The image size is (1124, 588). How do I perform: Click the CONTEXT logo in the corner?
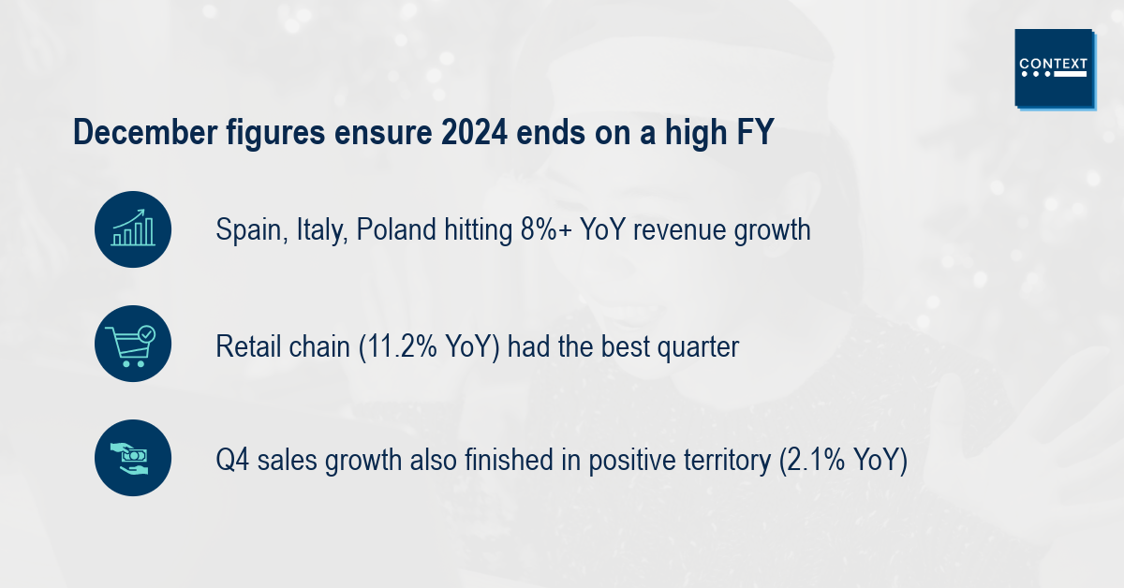coord(1055,68)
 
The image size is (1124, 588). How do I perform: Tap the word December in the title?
coord(145,132)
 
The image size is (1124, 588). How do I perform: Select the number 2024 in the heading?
coord(474,132)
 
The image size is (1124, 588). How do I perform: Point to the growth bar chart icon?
coord(133,229)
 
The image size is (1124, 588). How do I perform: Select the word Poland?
coord(396,229)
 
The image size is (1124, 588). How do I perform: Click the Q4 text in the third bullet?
coord(232,460)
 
